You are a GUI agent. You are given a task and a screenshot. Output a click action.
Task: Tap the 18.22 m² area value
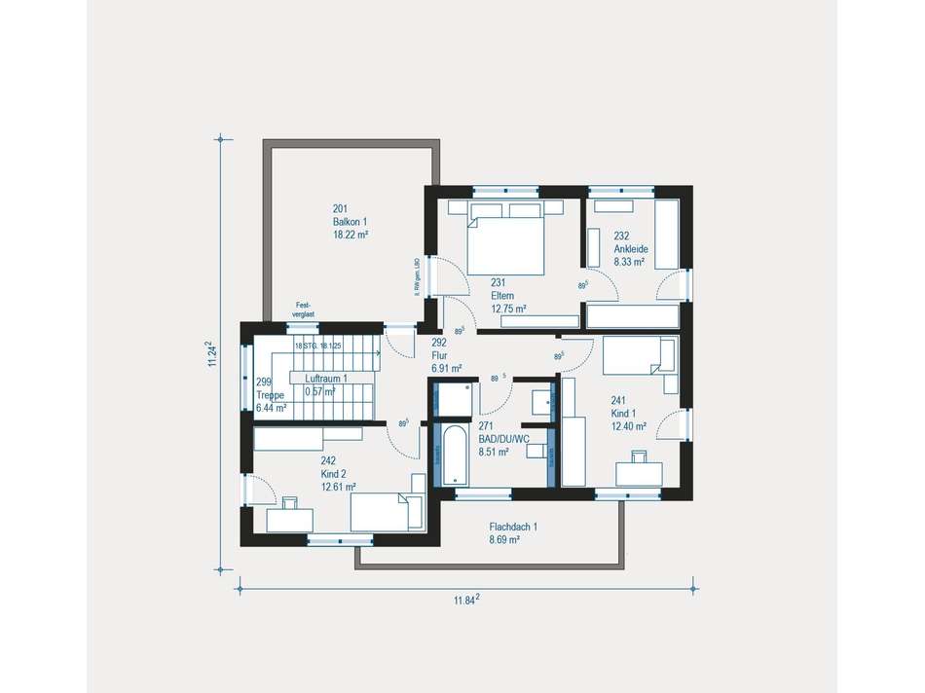351,235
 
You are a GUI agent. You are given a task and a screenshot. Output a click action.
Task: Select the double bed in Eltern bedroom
505,244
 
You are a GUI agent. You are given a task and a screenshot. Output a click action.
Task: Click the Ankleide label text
630,248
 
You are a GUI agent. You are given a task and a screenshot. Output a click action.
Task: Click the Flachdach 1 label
513,527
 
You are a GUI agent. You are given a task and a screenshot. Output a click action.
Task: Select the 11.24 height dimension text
211,354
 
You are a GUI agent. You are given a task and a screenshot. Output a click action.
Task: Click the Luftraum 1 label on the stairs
325,378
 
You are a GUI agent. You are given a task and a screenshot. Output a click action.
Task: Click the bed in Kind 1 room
638,355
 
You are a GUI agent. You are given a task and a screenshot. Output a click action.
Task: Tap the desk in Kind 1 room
641,473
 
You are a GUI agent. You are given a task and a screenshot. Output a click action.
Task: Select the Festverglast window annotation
304,310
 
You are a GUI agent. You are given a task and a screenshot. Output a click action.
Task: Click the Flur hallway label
440,356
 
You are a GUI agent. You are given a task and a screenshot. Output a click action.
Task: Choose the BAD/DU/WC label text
503,439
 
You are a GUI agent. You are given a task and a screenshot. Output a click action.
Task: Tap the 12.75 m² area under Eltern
508,309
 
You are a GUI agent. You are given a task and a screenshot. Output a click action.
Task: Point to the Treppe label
270,395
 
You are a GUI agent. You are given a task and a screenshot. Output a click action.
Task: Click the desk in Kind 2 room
289,518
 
